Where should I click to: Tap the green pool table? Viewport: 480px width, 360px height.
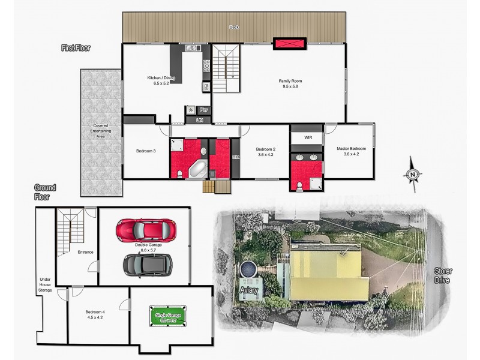(170, 316)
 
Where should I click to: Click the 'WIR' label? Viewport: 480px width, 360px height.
(308, 137)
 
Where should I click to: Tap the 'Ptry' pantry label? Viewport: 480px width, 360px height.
(204, 110)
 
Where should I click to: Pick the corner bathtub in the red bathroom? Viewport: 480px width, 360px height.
(199, 169)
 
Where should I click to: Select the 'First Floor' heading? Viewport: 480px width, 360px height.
(76, 47)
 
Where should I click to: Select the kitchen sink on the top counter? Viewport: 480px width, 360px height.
(191, 49)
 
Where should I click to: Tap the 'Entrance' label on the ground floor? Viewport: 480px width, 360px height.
(85, 252)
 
